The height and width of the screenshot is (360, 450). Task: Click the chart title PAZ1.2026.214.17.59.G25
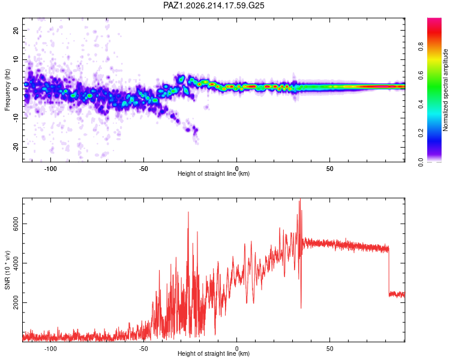click(214, 5)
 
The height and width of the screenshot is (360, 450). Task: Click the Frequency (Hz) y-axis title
click(7, 90)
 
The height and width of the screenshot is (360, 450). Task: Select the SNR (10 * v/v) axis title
click(7, 270)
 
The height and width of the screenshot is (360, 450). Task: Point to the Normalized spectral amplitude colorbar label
click(445, 90)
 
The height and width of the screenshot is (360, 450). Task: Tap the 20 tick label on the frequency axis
click(16, 30)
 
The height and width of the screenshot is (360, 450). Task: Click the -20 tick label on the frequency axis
click(16, 147)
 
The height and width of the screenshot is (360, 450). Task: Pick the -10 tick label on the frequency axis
click(16, 118)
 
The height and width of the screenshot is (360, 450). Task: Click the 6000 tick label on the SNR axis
click(16, 224)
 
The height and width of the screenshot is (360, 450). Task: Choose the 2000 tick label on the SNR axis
click(16, 302)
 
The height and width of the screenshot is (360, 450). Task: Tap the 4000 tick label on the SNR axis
click(16, 263)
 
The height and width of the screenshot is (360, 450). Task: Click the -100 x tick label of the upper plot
click(50, 169)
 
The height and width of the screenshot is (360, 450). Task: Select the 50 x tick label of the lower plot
click(330, 349)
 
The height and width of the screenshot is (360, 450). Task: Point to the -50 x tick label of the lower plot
click(143, 349)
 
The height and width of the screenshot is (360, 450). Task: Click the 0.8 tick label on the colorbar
click(421, 47)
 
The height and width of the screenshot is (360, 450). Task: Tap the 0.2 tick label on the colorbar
click(421, 133)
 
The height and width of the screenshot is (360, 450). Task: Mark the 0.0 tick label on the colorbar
click(421, 162)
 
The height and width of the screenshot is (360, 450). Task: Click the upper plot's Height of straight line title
click(214, 173)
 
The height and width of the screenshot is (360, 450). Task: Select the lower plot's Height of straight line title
click(214, 353)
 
